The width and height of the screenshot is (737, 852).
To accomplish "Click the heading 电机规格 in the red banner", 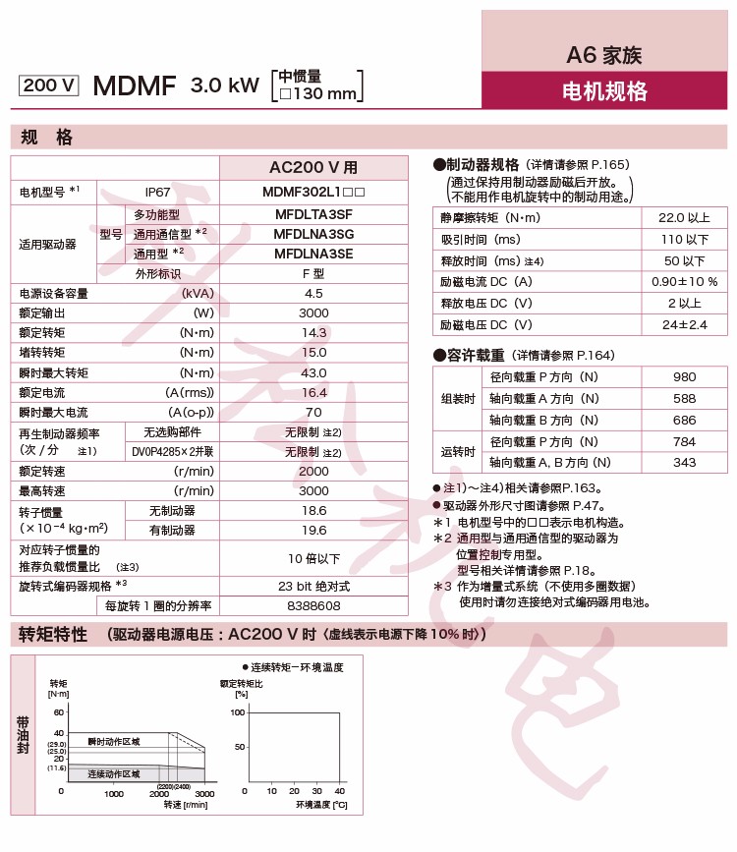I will pos(604,92).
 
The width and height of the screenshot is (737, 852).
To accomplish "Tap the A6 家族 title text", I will pos(604,55).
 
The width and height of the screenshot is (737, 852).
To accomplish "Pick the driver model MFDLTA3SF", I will pos(313,214).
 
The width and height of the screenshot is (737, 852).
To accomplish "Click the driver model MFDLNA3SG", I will pos(313,234).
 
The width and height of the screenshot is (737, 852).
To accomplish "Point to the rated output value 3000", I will pos(313,313).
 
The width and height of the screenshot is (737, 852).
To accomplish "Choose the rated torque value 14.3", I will pos(313,333).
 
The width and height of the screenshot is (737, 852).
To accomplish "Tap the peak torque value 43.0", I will pos(313,372).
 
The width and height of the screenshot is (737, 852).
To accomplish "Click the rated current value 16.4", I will pos(313,392).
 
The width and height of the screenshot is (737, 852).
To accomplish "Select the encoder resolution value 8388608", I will pos(313,606).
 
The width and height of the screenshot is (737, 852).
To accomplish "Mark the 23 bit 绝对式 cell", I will pos(313,587).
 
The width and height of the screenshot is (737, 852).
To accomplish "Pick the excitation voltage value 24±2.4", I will pos(684,324).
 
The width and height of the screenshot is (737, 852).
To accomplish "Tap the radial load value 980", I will pos(684,377).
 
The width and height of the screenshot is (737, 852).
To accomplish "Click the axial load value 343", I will pos(684,462).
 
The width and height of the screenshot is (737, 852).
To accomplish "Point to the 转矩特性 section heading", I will pos(53,635).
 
